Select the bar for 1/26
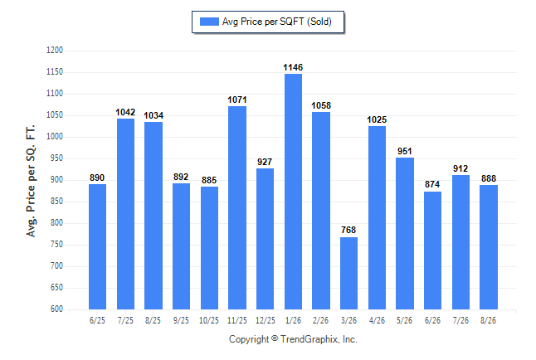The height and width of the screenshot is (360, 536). pos(293,192)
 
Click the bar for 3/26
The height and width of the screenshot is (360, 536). pos(348,273)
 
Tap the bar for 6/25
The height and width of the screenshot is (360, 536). pos(97,247)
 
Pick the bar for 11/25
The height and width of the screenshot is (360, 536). pos(237,208)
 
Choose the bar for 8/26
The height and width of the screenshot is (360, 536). pos(489,247)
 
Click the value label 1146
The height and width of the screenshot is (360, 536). pos(293,67)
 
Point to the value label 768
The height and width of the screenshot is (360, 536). pos(348,230)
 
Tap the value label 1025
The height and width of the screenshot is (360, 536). pos(377,119)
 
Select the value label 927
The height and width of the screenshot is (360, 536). pos(265,162)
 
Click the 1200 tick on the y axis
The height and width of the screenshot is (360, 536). pos(55,51)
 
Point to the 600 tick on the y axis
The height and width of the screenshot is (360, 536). pos(56,309)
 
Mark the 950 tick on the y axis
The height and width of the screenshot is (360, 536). pos(56,158)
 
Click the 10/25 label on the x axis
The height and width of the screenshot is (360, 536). pos(209,320)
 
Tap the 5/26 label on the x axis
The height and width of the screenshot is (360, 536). pos(404,320)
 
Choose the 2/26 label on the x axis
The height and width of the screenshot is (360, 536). pos(320,320)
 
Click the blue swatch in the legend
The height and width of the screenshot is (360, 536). pos(209,22)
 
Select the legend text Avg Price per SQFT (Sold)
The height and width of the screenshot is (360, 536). pos(277,22)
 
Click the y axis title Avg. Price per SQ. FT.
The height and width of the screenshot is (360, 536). pos(31,181)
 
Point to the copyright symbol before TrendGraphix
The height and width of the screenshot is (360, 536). pos(275,338)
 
